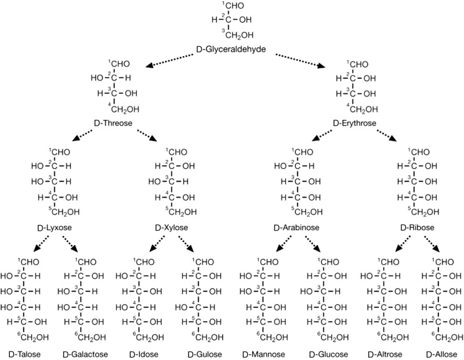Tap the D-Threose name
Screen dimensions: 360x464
113,123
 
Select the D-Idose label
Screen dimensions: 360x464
143,351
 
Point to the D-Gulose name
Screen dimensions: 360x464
202,351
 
